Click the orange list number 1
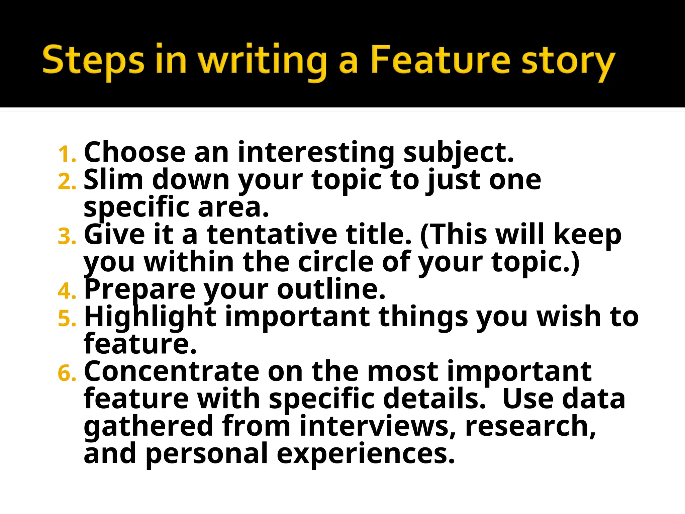(x=66, y=154)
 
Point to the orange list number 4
(x=67, y=291)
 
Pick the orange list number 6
(x=67, y=373)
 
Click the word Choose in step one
(x=134, y=152)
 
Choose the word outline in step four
(x=331, y=289)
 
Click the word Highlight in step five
(x=150, y=317)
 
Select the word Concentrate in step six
(x=172, y=371)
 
